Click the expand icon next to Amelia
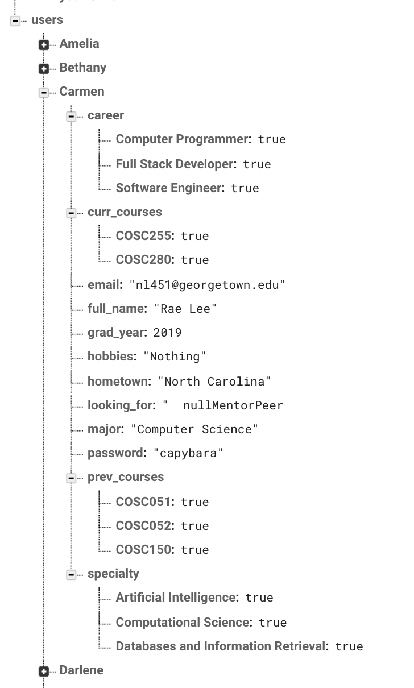44,45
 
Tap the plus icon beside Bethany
44,69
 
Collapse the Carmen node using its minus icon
44,93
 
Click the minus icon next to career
71,117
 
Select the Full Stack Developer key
175,164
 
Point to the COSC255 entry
143,235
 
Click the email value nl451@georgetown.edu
207,284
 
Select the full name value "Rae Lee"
185,309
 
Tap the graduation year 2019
167,333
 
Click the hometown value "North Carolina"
214,381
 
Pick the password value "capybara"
188,453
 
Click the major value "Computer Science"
194,429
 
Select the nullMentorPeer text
233,405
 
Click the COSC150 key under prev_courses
143,549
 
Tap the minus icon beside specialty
71,575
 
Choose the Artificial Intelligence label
176,597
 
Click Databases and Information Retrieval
221,646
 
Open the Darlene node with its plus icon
44,672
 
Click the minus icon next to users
15,21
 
